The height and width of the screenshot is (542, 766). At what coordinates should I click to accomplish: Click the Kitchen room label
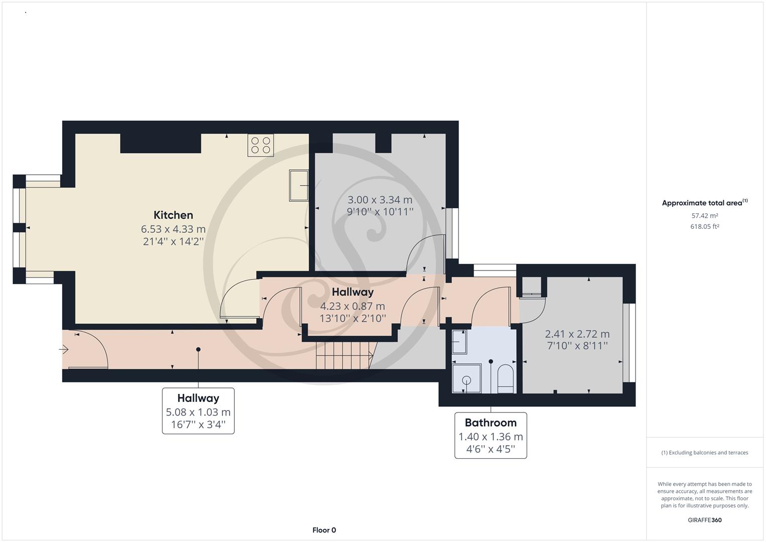[x=173, y=215]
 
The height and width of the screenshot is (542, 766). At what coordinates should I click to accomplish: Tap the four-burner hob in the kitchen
[x=260, y=146]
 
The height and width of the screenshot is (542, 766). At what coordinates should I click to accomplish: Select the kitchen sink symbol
[x=299, y=185]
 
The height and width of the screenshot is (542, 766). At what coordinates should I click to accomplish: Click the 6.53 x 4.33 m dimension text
[x=173, y=229]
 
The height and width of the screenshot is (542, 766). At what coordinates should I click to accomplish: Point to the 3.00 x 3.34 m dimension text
[x=380, y=200]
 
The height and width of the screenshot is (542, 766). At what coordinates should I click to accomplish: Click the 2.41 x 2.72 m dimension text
[x=577, y=334]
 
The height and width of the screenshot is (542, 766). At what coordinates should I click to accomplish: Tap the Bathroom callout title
[x=490, y=423]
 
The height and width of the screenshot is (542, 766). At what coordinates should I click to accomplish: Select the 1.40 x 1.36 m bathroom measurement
[x=490, y=437]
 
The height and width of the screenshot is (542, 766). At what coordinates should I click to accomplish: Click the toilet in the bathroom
[x=505, y=378]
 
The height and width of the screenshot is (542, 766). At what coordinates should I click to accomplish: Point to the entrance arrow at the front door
[x=64, y=349]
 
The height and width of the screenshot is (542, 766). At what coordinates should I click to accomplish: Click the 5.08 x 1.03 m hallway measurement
[x=198, y=412]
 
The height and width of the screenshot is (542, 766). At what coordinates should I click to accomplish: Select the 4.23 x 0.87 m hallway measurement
[x=353, y=306]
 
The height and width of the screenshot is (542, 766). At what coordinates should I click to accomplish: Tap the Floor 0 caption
[x=324, y=530]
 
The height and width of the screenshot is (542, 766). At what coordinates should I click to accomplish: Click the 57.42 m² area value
[x=704, y=216]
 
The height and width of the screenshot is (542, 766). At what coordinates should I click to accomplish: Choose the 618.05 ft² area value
[x=704, y=226]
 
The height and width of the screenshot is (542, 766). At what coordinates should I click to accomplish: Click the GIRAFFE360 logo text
[x=704, y=520]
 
